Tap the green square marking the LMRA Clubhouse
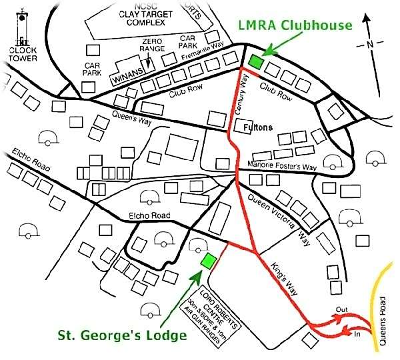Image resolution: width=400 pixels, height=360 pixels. [255, 61]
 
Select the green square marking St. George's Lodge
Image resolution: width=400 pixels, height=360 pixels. [209, 260]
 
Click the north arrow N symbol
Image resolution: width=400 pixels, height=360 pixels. [369, 45]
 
